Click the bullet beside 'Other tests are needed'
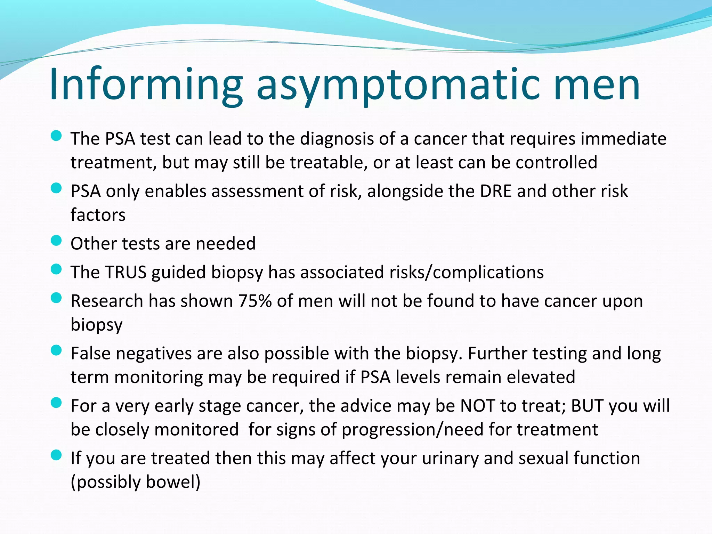pyautogui.click(x=56, y=241)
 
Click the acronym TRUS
pyautogui.click(x=126, y=272)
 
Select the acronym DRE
pyautogui.click(x=495, y=191)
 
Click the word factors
pyautogui.click(x=98, y=215)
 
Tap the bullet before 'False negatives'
pyautogui.click(x=56, y=350)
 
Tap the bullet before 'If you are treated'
pyautogui.click(x=56, y=455)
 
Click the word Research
pyautogui.click(x=107, y=301)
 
